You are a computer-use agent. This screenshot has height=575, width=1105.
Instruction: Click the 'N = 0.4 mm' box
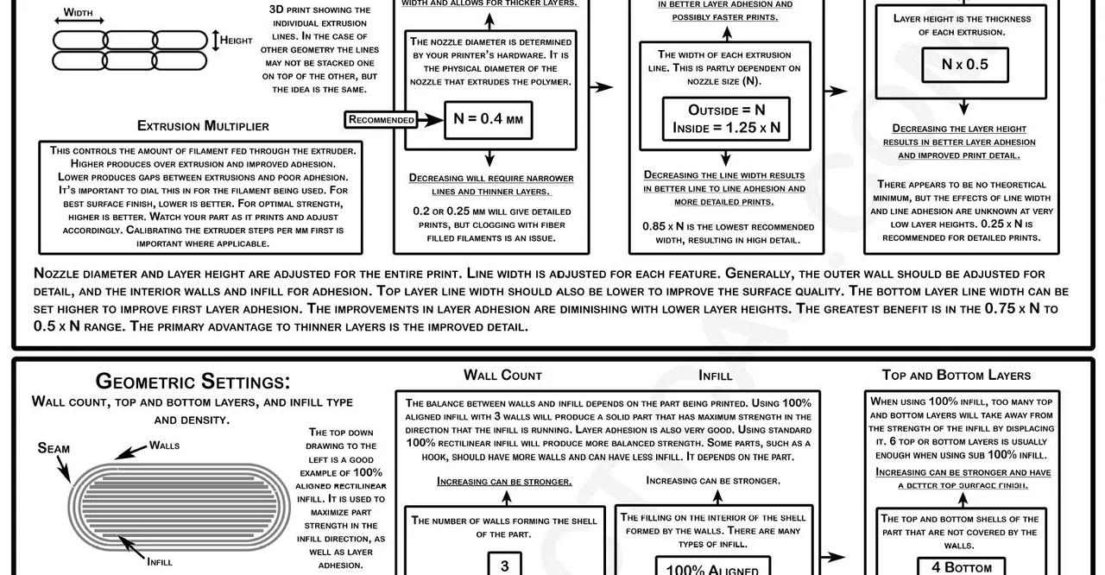[x=489, y=119]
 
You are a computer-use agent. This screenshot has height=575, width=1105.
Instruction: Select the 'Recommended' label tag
[x=381, y=119]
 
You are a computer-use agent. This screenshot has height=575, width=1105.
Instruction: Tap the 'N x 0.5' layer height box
[x=964, y=64]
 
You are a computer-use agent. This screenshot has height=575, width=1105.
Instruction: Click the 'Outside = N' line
[x=726, y=110]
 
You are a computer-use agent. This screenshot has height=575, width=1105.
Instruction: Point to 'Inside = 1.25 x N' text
[x=726, y=128]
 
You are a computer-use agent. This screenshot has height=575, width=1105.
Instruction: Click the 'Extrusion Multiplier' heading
[x=203, y=126]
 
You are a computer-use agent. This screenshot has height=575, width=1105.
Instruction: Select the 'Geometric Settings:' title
[x=193, y=381]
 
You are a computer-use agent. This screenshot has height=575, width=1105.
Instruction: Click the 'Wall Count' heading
[x=502, y=375]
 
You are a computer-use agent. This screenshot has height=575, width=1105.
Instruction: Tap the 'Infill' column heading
[x=715, y=375]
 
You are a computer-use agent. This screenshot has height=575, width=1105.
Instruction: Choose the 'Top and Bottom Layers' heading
[x=956, y=375]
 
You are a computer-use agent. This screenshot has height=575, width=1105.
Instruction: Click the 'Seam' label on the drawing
[x=54, y=448]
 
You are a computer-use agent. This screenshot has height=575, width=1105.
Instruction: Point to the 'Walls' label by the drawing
[x=164, y=445]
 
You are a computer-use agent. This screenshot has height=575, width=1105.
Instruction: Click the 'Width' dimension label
[x=78, y=13]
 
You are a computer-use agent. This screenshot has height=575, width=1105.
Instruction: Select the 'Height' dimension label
[x=236, y=40]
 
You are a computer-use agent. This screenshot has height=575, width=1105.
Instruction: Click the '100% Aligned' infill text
[x=712, y=570]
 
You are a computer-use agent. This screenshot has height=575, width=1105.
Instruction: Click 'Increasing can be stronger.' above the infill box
[x=713, y=480]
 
